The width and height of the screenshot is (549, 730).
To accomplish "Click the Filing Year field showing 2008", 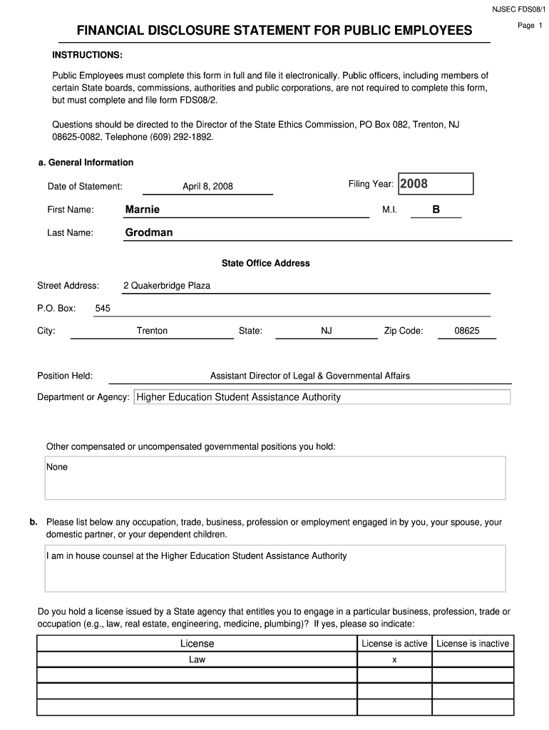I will pos(434,184).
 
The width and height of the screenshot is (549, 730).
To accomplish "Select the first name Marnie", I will pos(143,209).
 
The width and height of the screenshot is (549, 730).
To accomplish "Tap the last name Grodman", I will pos(149,232).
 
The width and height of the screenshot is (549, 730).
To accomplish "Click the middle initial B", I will pos(436,210).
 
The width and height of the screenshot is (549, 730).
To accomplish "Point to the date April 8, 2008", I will pos(207,187).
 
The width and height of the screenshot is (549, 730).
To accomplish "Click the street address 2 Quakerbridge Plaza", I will pos(167,286).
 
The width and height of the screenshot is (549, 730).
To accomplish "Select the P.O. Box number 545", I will pos(103,309).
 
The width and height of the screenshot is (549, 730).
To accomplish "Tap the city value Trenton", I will pos(152,331).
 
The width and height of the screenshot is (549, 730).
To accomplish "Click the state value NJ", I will pos(327,331).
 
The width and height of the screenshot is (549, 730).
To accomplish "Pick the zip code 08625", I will pos(467,331).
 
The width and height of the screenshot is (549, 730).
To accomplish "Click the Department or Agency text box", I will pos(322,397).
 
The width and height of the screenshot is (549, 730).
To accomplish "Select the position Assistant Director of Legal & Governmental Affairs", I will pos(310,376).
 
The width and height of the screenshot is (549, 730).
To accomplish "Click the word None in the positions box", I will pos(57,467).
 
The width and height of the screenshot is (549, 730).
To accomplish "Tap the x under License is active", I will pos(394,660).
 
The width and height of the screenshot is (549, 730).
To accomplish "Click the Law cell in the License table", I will pos(197,659).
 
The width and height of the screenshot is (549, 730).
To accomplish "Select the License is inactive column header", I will pos(473,644).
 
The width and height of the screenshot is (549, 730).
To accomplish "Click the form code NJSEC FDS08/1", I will pos(518,9).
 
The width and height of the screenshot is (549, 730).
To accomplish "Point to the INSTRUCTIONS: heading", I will pos(87,55).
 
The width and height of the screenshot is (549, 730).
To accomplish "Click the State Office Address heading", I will pos(265,263).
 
